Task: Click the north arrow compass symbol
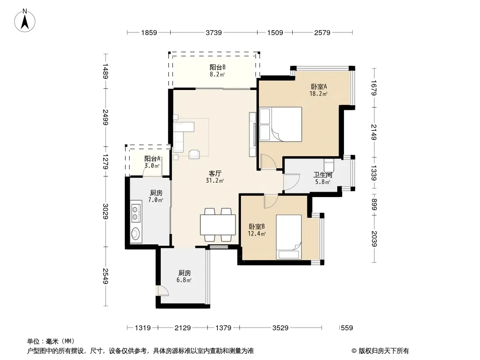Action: (x=25, y=20)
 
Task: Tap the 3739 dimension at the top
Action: (x=213, y=32)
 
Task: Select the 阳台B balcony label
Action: (x=217, y=67)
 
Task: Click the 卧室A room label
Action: (x=319, y=86)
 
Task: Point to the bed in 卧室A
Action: (x=281, y=124)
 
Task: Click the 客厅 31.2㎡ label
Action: (x=215, y=177)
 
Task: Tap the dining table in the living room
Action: (x=217, y=225)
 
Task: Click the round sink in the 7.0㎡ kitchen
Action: (x=135, y=234)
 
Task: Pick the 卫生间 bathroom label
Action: (x=322, y=175)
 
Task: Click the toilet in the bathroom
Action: (x=328, y=166)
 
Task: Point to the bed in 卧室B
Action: (x=289, y=237)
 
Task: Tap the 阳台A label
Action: (x=152, y=158)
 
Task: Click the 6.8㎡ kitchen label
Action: (x=184, y=276)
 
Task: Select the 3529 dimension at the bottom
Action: (x=280, y=328)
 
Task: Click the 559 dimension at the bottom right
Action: (x=347, y=328)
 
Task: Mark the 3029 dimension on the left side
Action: (x=105, y=211)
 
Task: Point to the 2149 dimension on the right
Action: (x=374, y=132)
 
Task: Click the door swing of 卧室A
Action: (x=268, y=162)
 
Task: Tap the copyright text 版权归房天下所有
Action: (x=384, y=351)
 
